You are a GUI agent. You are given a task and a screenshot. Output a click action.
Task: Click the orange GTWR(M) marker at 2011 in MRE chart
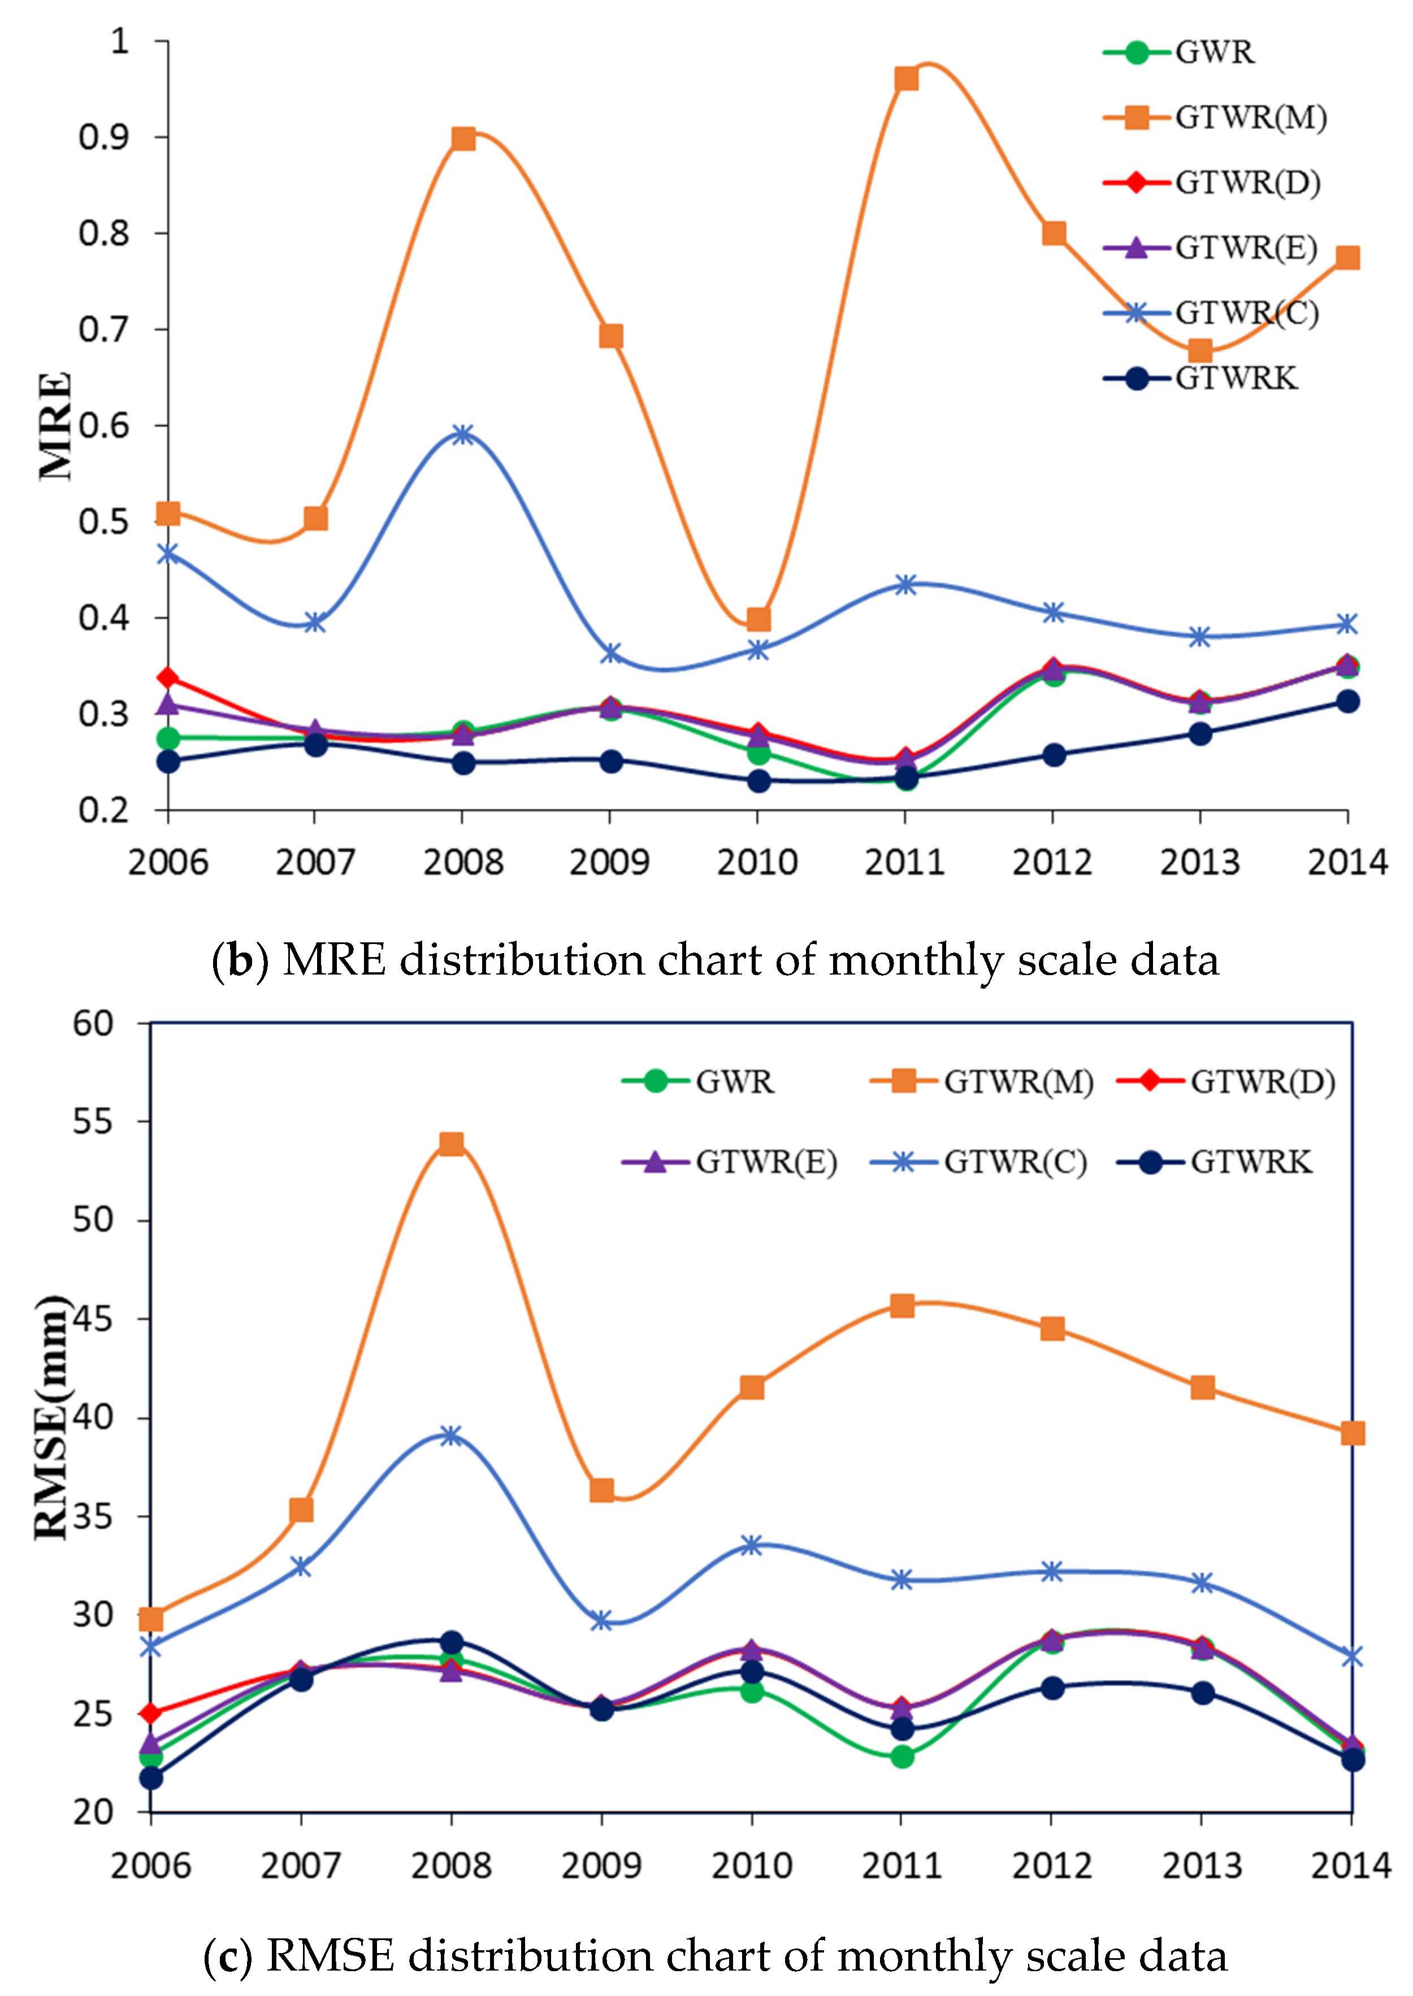(x=906, y=79)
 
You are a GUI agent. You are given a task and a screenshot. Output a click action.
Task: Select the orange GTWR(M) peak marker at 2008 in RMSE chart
(x=450, y=1143)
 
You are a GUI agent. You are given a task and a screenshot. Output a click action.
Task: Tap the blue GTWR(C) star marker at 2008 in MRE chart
(x=463, y=434)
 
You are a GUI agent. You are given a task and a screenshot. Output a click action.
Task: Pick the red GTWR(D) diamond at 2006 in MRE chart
(x=168, y=677)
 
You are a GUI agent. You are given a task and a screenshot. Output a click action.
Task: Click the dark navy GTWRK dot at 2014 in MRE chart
(x=1347, y=701)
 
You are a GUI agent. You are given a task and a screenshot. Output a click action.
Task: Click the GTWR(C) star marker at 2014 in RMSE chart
(x=1351, y=1657)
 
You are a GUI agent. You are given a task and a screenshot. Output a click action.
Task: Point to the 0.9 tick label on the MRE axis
(x=103, y=137)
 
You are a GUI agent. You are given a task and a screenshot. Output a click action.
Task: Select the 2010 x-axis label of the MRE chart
(x=757, y=863)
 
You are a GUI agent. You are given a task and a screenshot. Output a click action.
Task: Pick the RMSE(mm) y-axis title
(x=50, y=1417)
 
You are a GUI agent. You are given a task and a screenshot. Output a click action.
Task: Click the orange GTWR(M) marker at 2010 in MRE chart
(x=758, y=619)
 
